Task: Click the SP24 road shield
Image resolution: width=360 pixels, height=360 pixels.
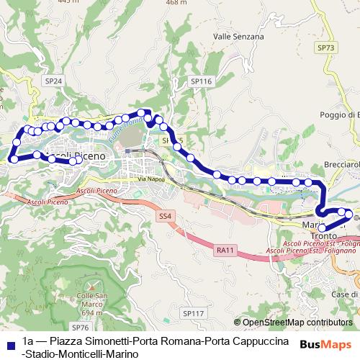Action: coord(53,81)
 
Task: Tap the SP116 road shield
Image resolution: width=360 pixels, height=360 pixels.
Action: coord(201,82)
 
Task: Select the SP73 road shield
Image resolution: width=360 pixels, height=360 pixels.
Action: coord(325,48)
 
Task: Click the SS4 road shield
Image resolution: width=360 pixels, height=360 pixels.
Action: coord(166,215)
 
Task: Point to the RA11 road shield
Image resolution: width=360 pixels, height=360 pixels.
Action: coord(225,250)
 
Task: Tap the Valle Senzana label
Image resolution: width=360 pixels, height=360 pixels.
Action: coord(238,36)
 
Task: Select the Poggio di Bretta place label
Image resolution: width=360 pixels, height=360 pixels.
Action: coord(339,115)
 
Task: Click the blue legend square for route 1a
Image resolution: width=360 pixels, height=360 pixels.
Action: coord(9,342)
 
